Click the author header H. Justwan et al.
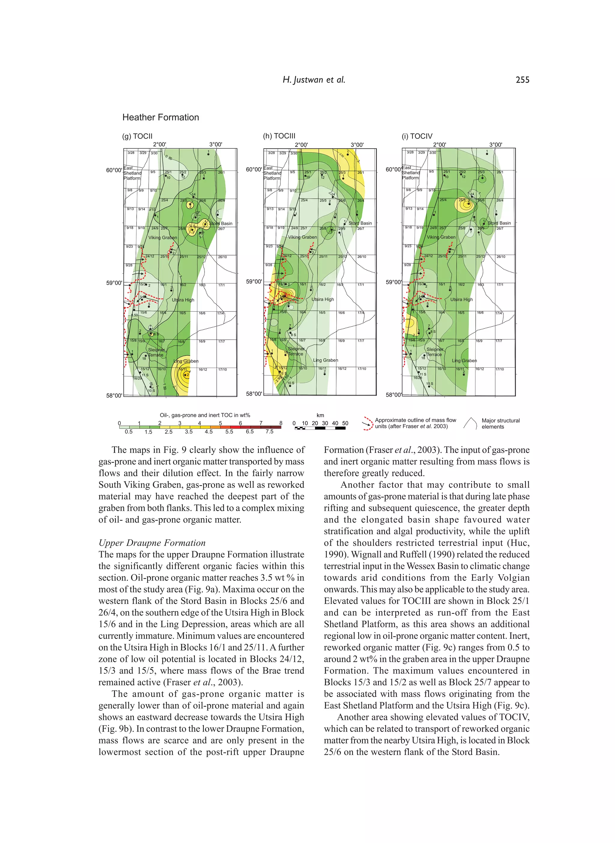click(314, 80)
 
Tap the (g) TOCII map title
click(137, 136)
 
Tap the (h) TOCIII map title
click(279, 136)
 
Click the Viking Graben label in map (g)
click(163, 238)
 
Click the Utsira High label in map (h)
click(323, 299)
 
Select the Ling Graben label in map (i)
click(464, 360)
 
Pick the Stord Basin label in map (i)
click(499, 223)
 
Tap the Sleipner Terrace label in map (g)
click(156, 352)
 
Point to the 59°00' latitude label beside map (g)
click(114, 283)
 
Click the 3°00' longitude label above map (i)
click(495, 145)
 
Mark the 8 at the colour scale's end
click(281, 423)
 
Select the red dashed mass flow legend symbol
click(368, 424)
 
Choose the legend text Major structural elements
click(500, 423)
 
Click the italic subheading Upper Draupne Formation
click(152, 543)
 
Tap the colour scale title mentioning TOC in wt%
click(205, 415)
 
